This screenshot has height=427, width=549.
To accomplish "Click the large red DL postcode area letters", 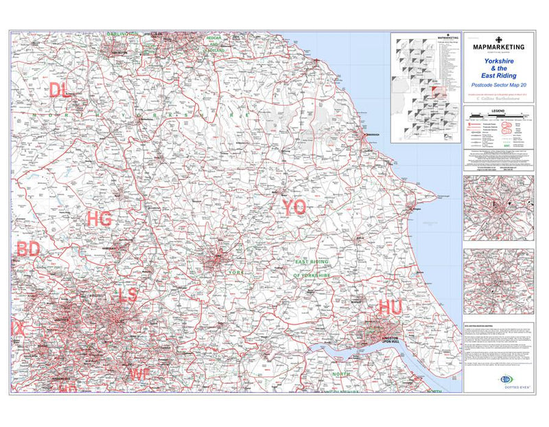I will coord(59,89).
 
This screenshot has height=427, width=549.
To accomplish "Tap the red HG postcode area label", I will coord(100,219).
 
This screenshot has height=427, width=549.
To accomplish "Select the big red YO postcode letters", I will coord(294,207).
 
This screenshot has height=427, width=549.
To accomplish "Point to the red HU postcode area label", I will coord(390,308).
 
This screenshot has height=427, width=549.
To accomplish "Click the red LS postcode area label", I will coord(128,295).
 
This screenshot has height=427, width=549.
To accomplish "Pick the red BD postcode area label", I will coord(28,249).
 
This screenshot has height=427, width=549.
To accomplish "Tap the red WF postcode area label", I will coord(139,373).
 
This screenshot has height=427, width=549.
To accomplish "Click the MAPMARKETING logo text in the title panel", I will coord(499,47).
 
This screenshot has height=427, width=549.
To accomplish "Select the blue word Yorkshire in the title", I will coord(498,60).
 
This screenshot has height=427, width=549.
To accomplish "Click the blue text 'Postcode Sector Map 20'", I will coord(498,84).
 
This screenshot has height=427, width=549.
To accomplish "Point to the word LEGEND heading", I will coord(498,111).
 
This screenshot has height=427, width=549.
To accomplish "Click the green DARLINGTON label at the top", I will coord(123,34).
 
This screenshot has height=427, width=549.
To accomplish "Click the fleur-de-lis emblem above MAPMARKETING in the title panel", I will coord(499,38).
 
